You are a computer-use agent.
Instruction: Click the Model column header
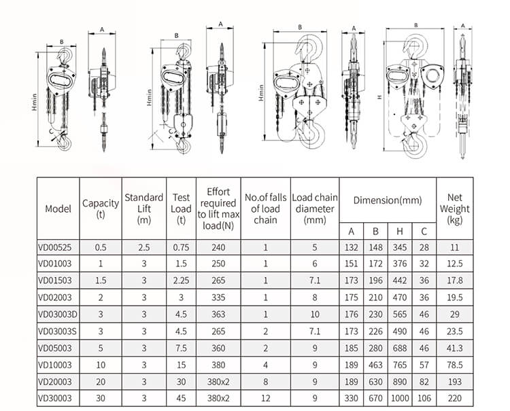[58, 209]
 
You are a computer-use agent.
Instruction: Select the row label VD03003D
[58, 313]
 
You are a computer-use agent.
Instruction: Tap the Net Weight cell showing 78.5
[455, 365]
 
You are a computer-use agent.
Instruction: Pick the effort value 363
[218, 313]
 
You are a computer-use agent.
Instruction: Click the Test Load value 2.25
[181, 279]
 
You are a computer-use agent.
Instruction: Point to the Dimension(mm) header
[387, 200]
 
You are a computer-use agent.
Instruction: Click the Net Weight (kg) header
[455, 209]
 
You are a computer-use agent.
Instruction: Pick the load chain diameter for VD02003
[314, 296]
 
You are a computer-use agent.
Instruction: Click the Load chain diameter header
[314, 209]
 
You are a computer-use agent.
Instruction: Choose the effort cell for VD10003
[218, 365]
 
